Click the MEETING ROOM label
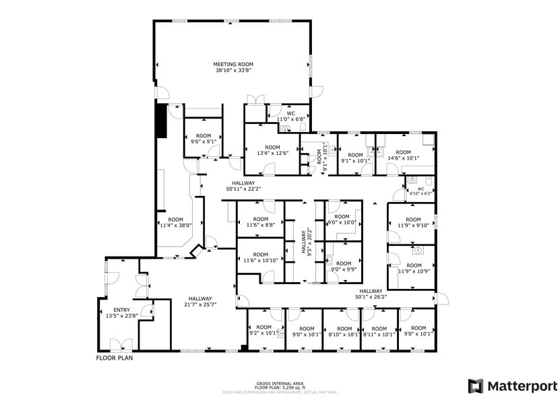(x=234, y=64)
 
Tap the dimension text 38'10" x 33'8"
(x=234, y=70)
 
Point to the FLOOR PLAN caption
(x=115, y=358)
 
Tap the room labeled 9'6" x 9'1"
(x=203, y=139)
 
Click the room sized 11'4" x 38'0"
(x=175, y=222)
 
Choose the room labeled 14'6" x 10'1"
(x=403, y=155)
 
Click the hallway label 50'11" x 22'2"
(x=243, y=186)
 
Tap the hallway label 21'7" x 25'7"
(x=200, y=302)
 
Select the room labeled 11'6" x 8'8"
(x=260, y=222)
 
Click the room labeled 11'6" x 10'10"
(x=260, y=257)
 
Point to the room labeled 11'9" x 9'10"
(x=413, y=223)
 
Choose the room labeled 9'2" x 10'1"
(x=263, y=331)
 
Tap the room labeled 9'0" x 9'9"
(x=343, y=267)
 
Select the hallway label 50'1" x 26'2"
(x=372, y=294)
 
